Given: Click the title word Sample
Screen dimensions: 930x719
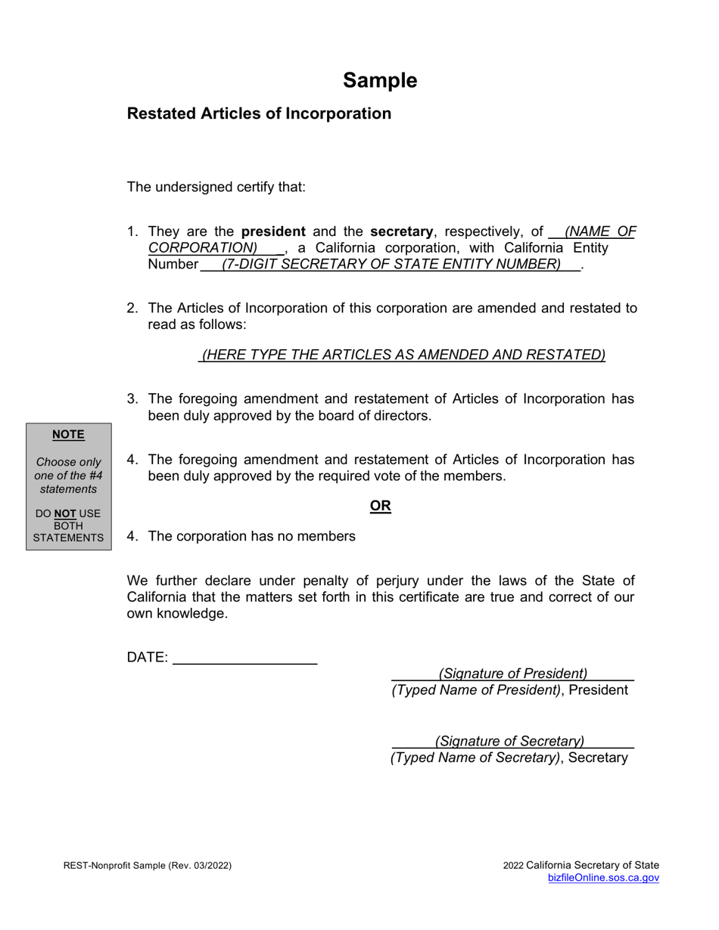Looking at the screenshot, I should pos(379,81).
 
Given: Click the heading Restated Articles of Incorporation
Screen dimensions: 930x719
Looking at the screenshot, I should pos(259,113).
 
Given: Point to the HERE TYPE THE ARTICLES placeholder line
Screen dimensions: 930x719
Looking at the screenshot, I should pos(403,355).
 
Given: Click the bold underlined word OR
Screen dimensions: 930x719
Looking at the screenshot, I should pos(380,506).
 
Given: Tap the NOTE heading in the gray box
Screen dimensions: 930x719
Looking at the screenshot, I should pos(68,435).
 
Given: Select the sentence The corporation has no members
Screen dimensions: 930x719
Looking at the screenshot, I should pos(251,536).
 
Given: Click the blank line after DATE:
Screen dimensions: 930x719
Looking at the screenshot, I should pos(244,658).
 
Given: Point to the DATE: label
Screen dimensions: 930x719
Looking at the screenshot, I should pos(148,658).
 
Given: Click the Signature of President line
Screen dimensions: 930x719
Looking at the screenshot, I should pos(512,673).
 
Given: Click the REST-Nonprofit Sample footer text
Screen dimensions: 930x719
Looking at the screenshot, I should pos(148,866).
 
